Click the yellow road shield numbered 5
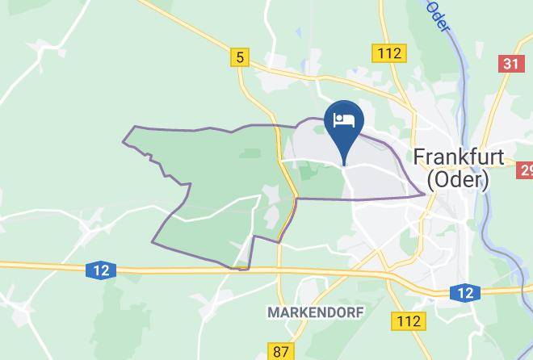coord(238,57)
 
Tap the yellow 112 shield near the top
coord(388,53)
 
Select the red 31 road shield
coord(511,64)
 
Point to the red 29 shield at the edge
coord(526,170)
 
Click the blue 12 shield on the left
coord(99,270)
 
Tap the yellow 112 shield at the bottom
coord(409,320)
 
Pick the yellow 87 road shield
coord(279,351)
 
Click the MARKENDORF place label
coord(315,312)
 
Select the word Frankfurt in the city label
coord(459,157)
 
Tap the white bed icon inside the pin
coord(345,120)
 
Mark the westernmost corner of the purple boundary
coord(124,143)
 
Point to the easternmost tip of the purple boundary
coord(424,194)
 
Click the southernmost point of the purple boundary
coord(242,270)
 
